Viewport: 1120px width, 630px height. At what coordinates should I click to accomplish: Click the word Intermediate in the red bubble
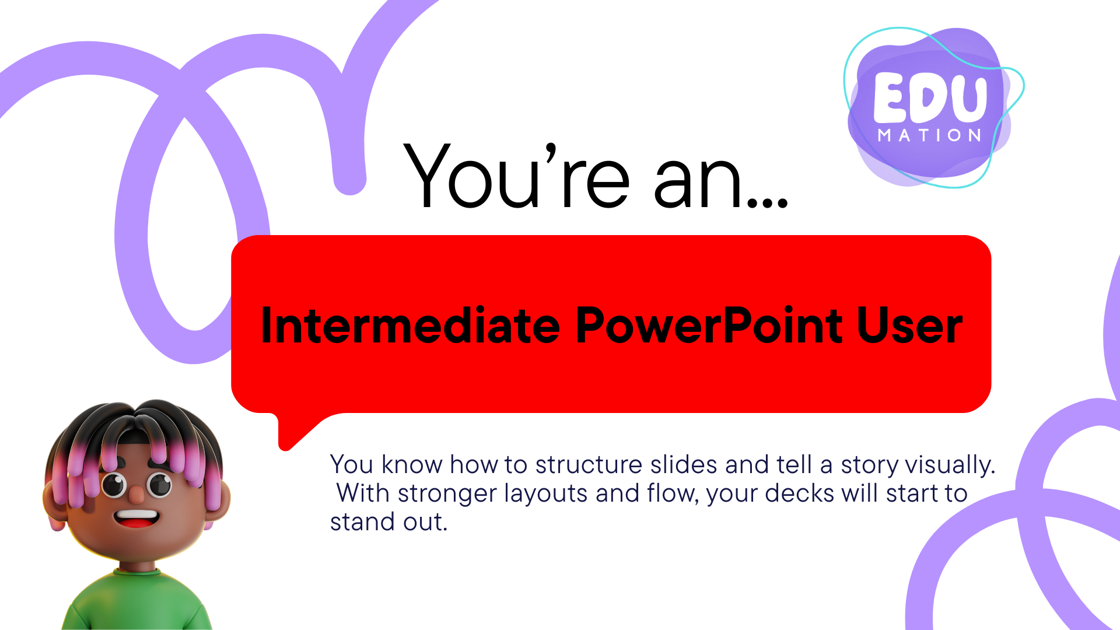(x=411, y=325)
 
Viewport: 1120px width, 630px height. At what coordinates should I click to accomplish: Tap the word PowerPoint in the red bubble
(x=709, y=325)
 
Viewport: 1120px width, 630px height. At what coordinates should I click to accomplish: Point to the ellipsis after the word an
(x=768, y=202)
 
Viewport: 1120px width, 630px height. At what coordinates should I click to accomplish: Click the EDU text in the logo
(x=930, y=98)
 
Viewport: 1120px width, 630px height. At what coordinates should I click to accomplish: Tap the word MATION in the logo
(x=930, y=135)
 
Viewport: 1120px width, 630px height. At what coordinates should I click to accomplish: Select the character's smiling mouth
(x=136, y=518)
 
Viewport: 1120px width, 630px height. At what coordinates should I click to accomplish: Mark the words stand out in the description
(x=388, y=522)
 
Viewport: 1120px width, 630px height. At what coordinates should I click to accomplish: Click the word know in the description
(x=412, y=465)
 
